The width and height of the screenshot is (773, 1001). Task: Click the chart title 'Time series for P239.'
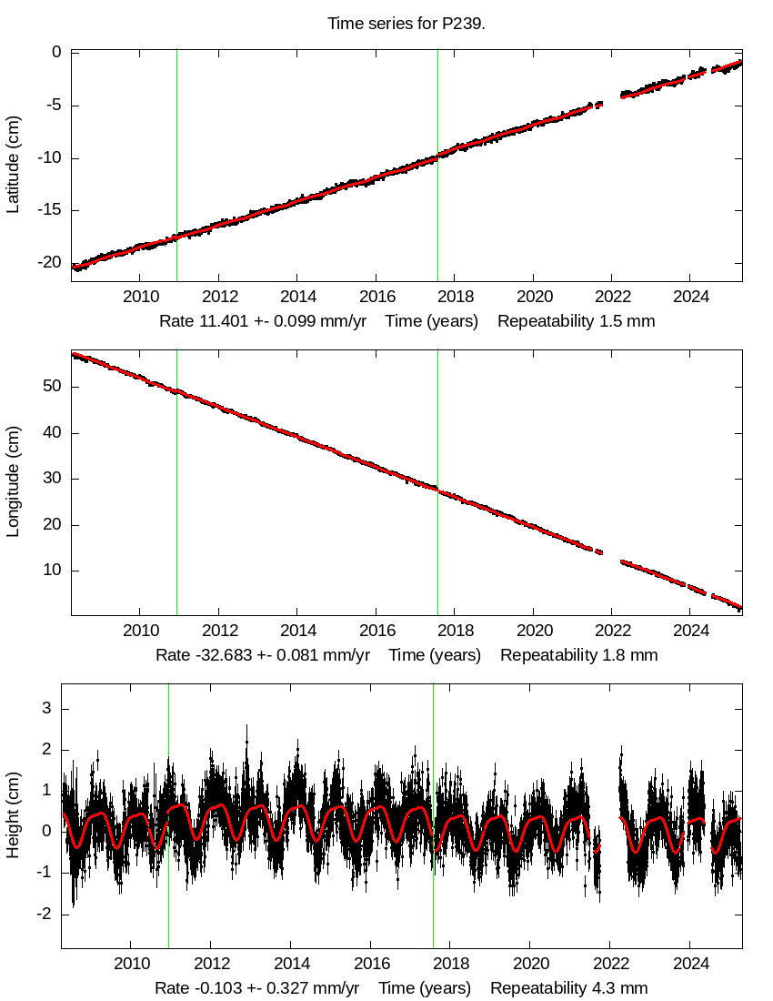[x=407, y=24]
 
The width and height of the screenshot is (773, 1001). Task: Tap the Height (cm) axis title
[x=13, y=816]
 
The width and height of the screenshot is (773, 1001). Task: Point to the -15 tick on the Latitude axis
[x=48, y=210]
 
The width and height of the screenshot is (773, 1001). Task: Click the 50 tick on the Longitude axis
[x=51, y=386]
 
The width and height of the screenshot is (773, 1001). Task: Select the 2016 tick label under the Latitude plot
[x=377, y=298]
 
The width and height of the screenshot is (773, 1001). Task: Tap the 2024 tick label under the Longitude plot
[x=691, y=631]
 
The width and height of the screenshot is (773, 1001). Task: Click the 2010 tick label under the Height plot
[x=131, y=964]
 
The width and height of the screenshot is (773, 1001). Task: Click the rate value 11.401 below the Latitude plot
[x=218, y=321]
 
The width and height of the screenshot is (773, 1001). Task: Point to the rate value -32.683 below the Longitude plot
[x=218, y=654]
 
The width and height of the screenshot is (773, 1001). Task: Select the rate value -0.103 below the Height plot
[x=214, y=988]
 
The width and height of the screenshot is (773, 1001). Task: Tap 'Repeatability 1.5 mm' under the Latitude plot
[x=577, y=321]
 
